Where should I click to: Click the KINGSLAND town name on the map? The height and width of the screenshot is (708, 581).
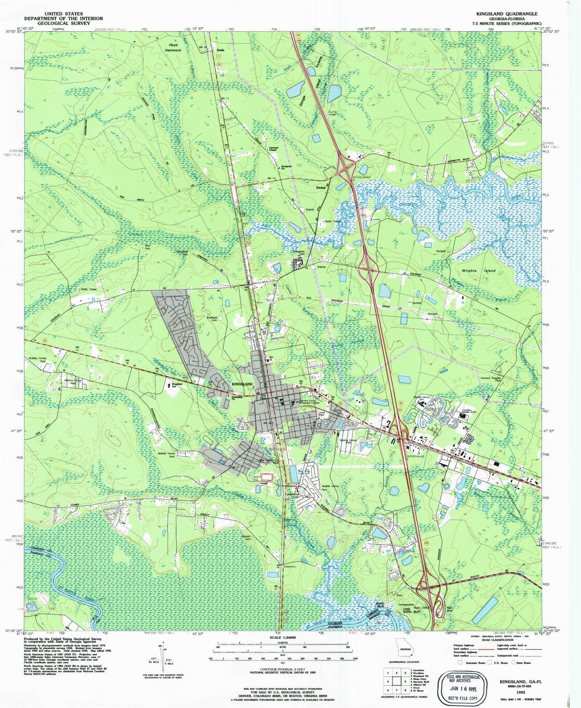[242, 384]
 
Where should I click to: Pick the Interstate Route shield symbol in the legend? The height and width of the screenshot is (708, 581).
[460, 662]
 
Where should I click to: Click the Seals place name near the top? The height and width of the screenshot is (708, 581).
[220, 50]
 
